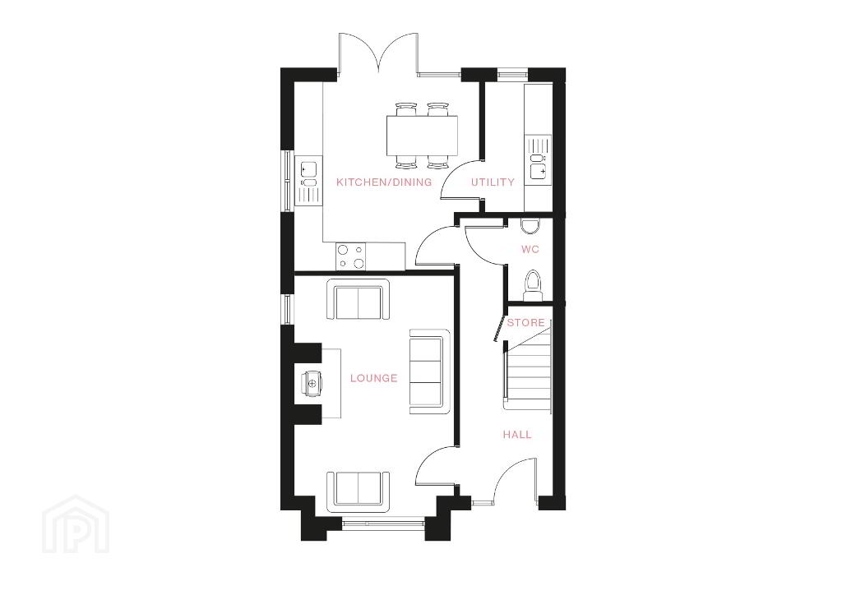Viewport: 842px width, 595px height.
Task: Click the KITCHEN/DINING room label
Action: [383, 182]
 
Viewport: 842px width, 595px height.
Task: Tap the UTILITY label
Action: [493, 182]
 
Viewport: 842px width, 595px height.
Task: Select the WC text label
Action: [530, 250]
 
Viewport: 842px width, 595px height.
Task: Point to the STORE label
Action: [525, 322]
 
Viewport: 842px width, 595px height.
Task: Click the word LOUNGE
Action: [374, 378]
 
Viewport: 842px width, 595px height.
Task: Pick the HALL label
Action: [517, 435]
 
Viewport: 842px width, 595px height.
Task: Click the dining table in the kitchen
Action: [422, 136]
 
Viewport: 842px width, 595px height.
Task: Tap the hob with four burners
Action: [350, 256]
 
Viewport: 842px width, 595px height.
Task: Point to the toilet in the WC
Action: [533, 285]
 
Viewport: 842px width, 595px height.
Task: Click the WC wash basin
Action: [530, 225]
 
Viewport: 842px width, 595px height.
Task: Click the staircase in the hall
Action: [529, 369]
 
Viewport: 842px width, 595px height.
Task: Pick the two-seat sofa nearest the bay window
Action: [359, 488]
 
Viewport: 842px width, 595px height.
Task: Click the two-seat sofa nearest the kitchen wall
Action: [359, 300]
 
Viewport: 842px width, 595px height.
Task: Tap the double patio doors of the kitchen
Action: [379, 53]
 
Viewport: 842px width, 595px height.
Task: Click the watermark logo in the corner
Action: [76, 524]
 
